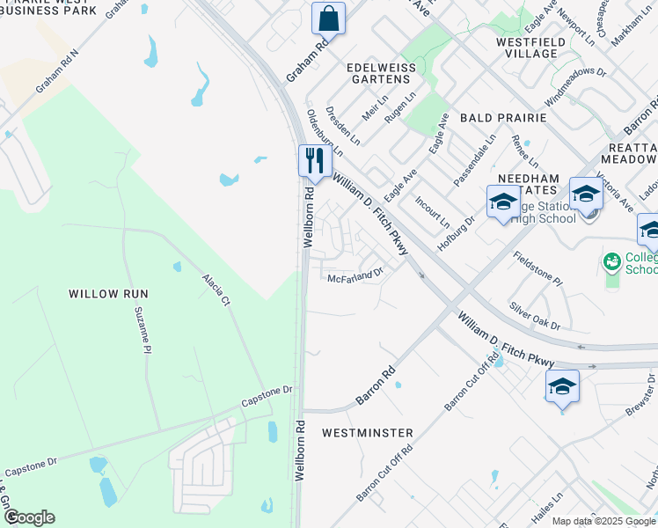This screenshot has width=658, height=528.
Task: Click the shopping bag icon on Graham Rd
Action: point(328,18)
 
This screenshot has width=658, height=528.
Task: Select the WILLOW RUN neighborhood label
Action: point(108,294)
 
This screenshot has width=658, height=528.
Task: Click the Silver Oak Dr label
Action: point(534,316)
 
